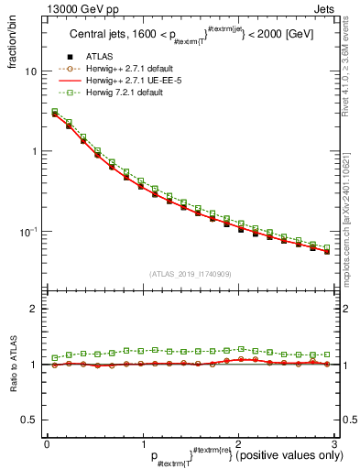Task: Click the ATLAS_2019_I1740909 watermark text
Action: (x=190, y=274)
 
